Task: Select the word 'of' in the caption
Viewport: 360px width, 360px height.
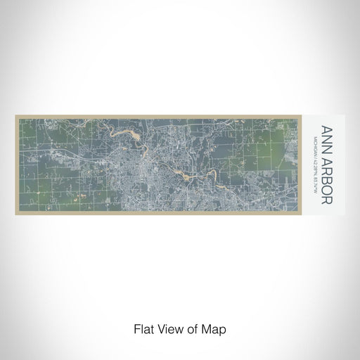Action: point(190,328)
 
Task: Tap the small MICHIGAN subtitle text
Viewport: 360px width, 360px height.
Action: point(314,137)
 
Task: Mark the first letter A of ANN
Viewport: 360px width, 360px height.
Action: point(326,129)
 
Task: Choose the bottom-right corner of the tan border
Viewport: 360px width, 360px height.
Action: point(305,215)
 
